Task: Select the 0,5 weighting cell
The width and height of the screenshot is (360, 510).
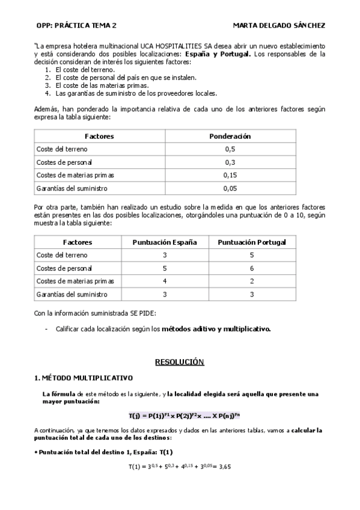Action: point(230,149)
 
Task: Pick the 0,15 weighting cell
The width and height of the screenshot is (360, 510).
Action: point(230,175)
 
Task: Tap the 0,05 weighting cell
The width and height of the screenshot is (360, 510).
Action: point(230,188)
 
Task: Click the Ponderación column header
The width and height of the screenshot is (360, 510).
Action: point(230,136)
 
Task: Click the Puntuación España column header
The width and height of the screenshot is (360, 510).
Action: point(165,242)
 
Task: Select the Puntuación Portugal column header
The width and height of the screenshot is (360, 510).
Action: point(251,242)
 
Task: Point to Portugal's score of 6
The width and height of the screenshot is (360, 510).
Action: point(251,268)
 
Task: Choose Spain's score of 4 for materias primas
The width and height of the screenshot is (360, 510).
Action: point(165,281)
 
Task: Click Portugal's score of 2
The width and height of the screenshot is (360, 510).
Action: point(251,281)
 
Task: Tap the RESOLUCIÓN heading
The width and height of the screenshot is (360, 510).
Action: point(180,362)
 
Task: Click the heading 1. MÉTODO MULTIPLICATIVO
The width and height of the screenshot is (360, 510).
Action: point(84,378)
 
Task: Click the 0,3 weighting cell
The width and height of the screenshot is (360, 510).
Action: point(230,162)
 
